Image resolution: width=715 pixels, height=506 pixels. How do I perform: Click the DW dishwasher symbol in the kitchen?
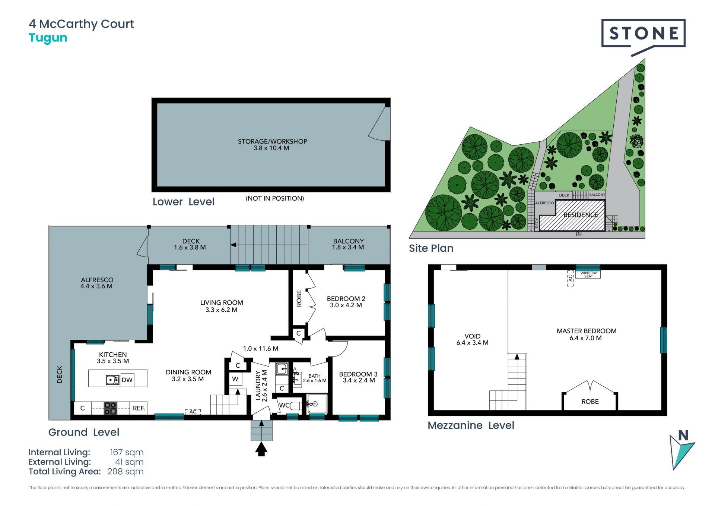coord(127,380)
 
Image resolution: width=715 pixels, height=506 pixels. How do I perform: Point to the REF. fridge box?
coord(139,408)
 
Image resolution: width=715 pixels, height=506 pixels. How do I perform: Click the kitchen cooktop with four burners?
coord(110,408)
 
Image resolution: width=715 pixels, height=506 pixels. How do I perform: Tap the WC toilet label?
coord(284,405)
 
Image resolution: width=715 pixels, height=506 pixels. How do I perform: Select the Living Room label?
coord(222,303)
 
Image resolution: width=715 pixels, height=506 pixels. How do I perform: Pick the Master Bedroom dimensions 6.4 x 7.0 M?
coord(585,338)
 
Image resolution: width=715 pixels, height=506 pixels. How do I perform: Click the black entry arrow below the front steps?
coord(261,449)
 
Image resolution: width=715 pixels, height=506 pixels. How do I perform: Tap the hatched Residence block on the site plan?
coord(572,216)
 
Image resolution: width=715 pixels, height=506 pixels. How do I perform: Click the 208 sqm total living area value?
coord(125,471)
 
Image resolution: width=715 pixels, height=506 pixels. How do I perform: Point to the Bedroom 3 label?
coord(358,374)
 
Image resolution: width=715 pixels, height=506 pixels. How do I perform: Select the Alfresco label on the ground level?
coord(97,280)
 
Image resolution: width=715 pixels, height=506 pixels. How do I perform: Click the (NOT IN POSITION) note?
coord(275,198)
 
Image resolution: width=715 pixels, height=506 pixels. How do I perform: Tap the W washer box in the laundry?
coord(235,379)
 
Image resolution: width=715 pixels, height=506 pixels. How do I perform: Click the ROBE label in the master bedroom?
coord(590,402)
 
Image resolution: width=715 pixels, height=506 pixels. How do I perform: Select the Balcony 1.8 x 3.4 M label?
coord(348,244)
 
